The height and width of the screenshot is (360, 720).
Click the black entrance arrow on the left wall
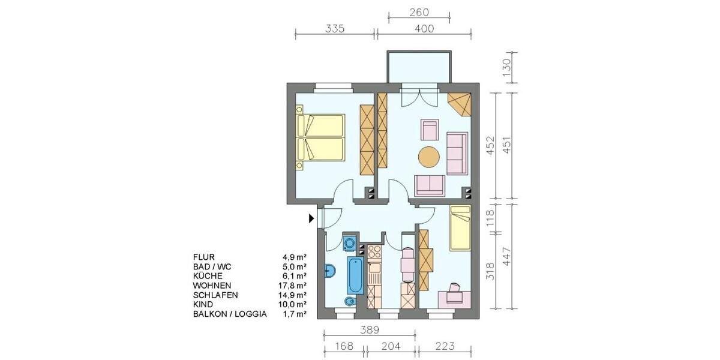[311, 218]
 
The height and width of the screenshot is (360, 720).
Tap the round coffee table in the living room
[428, 157]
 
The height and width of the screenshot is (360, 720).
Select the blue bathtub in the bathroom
[355, 275]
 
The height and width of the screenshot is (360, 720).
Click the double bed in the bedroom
[320, 137]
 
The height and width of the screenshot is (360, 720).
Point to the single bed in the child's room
[460, 228]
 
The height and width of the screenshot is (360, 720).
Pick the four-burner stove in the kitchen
[374, 251]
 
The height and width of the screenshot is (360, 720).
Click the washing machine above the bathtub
[349, 243]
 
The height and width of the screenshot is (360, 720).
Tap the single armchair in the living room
[430, 129]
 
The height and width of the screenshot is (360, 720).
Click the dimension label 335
[335, 28]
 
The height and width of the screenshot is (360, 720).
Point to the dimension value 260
[419, 13]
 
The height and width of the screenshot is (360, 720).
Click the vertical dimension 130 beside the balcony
[507, 66]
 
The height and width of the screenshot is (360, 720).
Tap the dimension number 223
[445, 347]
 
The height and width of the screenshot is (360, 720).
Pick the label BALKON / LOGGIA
[230, 314]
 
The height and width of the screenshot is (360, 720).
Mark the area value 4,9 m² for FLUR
[295, 256]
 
